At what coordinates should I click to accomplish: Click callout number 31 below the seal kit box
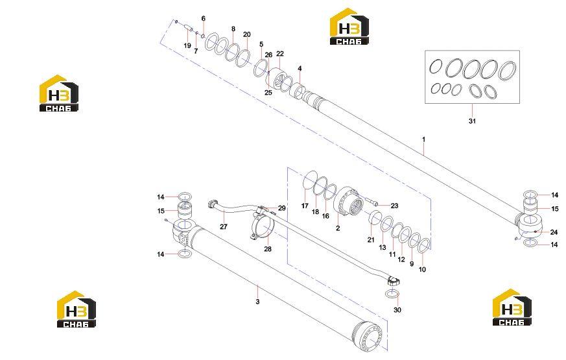coord(472,121)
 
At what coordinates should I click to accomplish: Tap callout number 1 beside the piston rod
coord(424,139)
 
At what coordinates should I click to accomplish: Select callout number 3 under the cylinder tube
coord(257,302)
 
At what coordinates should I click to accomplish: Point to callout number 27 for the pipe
coord(224,227)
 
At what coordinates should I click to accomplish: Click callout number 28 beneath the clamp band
coord(268,249)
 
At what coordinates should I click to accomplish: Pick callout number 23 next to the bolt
coord(394,206)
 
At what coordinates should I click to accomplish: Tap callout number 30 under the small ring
coord(397,310)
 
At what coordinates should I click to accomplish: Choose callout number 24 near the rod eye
coord(554,232)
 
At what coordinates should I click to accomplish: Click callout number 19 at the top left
coord(187,46)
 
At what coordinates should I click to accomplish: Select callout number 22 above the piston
coord(280,53)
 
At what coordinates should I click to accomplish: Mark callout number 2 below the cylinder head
coord(338,228)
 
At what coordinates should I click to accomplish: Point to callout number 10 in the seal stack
coord(422,269)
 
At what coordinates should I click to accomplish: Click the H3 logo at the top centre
coord(349,27)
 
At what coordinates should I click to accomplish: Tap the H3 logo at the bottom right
coord(512,307)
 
